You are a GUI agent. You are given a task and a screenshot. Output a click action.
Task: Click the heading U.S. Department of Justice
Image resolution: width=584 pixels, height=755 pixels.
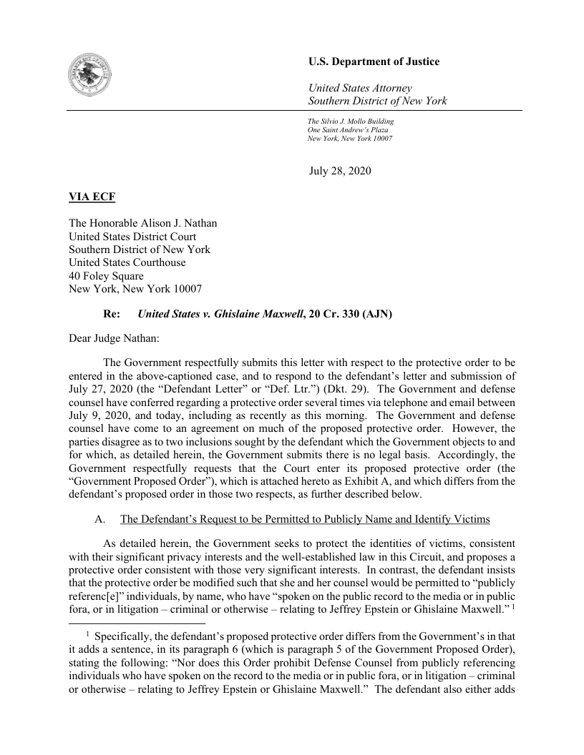374,62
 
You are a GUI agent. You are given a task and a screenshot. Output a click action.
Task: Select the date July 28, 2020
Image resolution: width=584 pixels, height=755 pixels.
340,171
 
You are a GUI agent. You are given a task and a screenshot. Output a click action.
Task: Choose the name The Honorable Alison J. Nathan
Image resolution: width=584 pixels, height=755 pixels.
142,223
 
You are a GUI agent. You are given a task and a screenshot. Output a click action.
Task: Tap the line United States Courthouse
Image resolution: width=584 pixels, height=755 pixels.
127,262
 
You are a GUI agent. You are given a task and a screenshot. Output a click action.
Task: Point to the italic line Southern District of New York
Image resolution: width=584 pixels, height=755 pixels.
377,102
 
